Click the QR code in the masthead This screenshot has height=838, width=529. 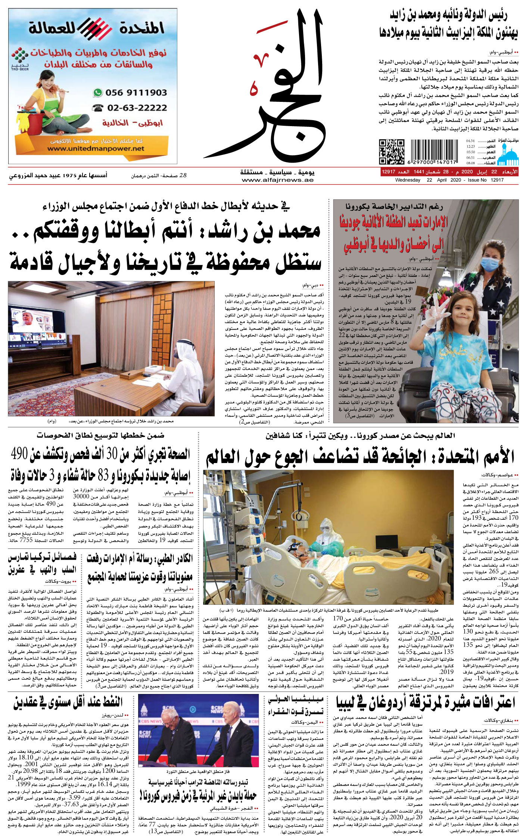(x=391, y=152)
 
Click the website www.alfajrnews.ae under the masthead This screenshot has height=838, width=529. (x=277, y=180)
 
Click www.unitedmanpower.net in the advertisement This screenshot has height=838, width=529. (x=96, y=148)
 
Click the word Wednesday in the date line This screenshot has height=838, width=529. (x=408, y=180)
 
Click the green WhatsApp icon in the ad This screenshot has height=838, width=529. (x=98, y=93)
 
